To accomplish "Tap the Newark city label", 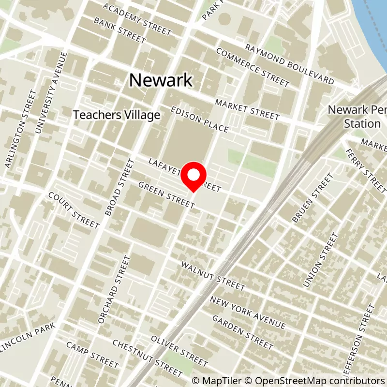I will tap(161, 80).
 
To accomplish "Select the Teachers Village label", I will tap(116, 115).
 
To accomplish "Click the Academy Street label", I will tap(137, 20).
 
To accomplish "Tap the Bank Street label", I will tap(120, 30).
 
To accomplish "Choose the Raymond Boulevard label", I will tap(290, 63).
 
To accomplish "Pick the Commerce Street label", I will tap(253, 68).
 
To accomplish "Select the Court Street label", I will tap(74, 212).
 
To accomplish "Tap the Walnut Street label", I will tap(213, 276).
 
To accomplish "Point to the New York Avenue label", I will tap(247, 313).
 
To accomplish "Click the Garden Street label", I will tap(242, 332).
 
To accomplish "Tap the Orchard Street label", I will tap(115, 290).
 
